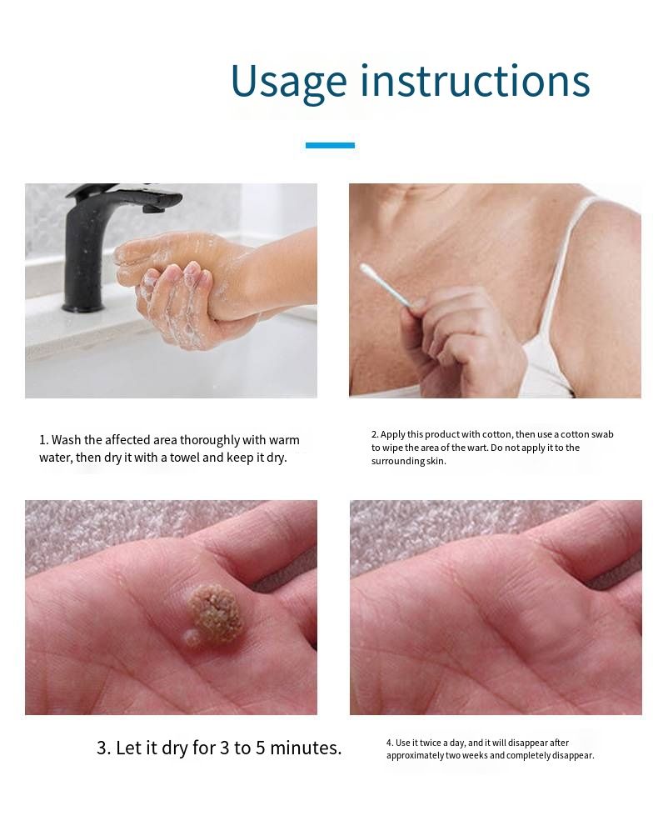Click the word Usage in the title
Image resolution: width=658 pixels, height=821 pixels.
point(289,83)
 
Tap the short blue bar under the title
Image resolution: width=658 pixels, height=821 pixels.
point(330,145)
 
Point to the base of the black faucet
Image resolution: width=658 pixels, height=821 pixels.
point(83,306)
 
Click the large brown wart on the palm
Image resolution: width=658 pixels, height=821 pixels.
point(216,613)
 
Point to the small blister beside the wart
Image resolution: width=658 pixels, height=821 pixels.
point(191,638)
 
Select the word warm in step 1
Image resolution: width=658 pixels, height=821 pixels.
point(284,440)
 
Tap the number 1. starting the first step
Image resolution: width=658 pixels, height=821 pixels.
point(44,440)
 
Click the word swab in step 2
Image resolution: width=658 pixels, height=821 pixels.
point(602,434)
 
